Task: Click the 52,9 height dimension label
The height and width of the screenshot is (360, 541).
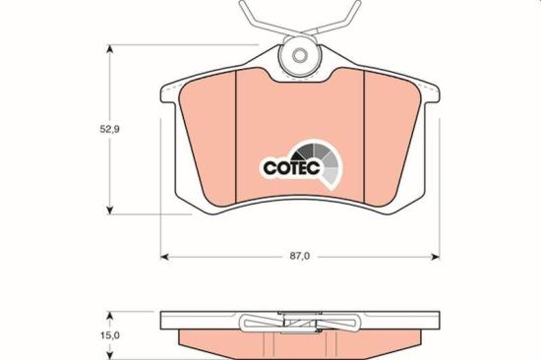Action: [109, 130]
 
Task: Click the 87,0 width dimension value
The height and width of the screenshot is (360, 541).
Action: [300, 257]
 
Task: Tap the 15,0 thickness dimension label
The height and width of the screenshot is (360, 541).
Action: [110, 335]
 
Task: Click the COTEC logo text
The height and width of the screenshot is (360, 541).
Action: [291, 168]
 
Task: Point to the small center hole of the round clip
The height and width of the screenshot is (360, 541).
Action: [299, 55]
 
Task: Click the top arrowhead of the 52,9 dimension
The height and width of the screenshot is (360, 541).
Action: [109, 49]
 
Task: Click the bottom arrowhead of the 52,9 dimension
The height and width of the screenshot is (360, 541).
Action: [109, 210]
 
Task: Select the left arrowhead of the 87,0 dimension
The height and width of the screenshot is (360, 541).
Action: [165, 257]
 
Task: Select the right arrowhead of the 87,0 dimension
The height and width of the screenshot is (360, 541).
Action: [436, 257]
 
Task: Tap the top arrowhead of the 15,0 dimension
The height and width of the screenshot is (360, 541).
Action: [109, 317]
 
